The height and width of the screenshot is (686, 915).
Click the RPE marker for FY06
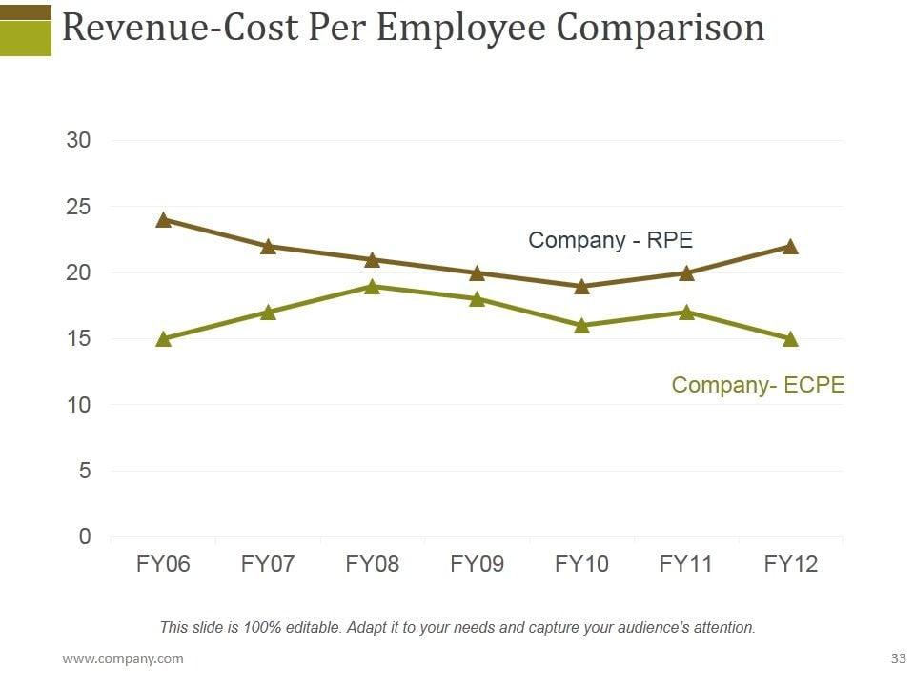pyautogui.click(x=163, y=220)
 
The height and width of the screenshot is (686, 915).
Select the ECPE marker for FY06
pyautogui.click(x=163, y=338)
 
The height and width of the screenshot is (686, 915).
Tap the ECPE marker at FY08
pyautogui.click(x=373, y=286)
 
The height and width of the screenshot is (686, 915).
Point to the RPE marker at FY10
pyautogui.click(x=581, y=286)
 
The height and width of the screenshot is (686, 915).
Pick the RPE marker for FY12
pyautogui.click(x=790, y=246)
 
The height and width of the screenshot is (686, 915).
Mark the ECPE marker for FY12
pyautogui.click(x=790, y=338)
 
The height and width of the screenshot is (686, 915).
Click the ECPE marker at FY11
pyautogui.click(x=686, y=312)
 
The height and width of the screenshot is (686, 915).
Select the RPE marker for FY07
pyautogui.click(x=268, y=246)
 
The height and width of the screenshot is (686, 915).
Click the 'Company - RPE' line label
pyautogui.click(x=610, y=240)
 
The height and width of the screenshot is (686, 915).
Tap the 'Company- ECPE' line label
pyautogui.click(x=758, y=385)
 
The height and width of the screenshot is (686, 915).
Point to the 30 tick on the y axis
pyautogui.click(x=78, y=141)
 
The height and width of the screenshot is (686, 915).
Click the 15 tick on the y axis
pyautogui.click(x=78, y=338)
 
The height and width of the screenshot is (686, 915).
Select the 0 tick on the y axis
pyautogui.click(x=85, y=536)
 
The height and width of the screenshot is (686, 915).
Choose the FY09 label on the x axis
pyautogui.click(x=477, y=564)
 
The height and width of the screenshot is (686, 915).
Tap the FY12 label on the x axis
pyautogui.click(x=790, y=564)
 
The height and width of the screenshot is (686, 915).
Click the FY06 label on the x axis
pyautogui.click(x=163, y=564)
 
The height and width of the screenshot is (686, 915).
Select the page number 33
pyautogui.click(x=897, y=658)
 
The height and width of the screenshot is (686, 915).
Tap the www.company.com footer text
pyautogui.click(x=123, y=658)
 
